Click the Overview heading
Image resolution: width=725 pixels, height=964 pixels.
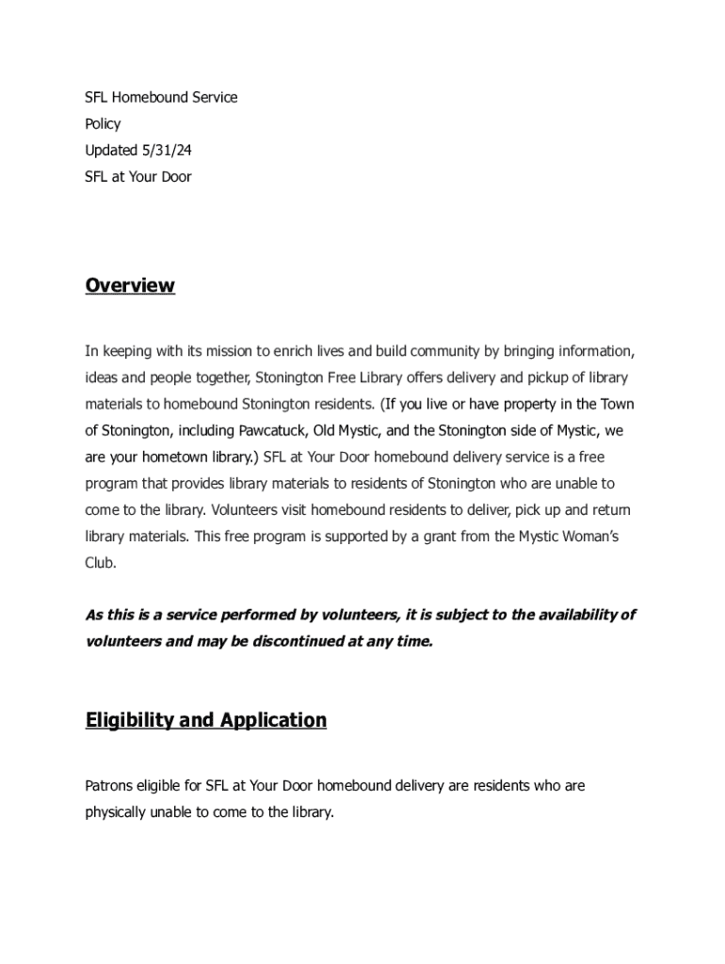coord(130,285)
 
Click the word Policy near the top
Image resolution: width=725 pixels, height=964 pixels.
coord(103,123)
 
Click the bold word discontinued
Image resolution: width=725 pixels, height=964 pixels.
coord(283,641)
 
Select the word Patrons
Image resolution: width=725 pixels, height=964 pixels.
coord(111,784)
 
